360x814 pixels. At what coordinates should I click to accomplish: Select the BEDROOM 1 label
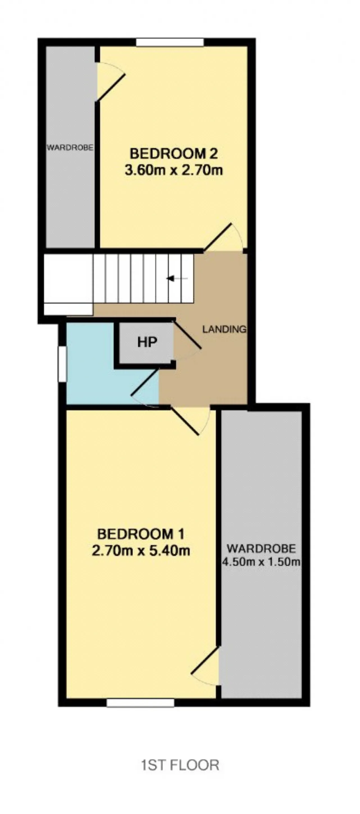pyautogui.click(x=141, y=534)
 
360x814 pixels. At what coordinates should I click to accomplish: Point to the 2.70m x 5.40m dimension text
pyautogui.click(x=141, y=551)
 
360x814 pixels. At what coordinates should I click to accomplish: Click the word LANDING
pyautogui.click(x=224, y=329)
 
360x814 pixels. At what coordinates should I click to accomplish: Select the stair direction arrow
pyautogui.click(x=177, y=278)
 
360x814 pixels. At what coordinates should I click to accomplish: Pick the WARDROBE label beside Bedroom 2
pyautogui.click(x=70, y=147)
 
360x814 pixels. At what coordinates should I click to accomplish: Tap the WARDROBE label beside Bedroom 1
pyautogui.click(x=261, y=548)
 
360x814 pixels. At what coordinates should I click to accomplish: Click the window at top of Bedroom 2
pyautogui.click(x=170, y=42)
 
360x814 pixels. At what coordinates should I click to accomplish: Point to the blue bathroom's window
pyautogui.click(x=62, y=364)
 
